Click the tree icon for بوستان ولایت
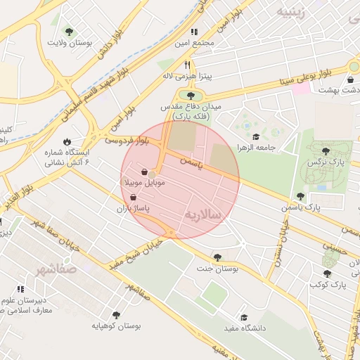pyautogui.click(x=69, y=32)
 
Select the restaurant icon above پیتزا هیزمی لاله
pyautogui.click(x=188, y=64)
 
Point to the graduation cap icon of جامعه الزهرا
pyautogui.click(x=257, y=137)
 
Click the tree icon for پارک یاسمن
pyautogui.click(x=300, y=197)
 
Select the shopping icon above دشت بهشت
pyautogui.click(x=350, y=79)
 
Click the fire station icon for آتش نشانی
pyautogui.click(x=67, y=141)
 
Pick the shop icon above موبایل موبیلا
pyautogui.click(x=144, y=172)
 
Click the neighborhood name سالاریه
pyautogui.click(x=207, y=214)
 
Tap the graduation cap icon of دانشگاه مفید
pyautogui.click(x=244, y=318)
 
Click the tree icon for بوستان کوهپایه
pyautogui.click(x=116, y=315)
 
